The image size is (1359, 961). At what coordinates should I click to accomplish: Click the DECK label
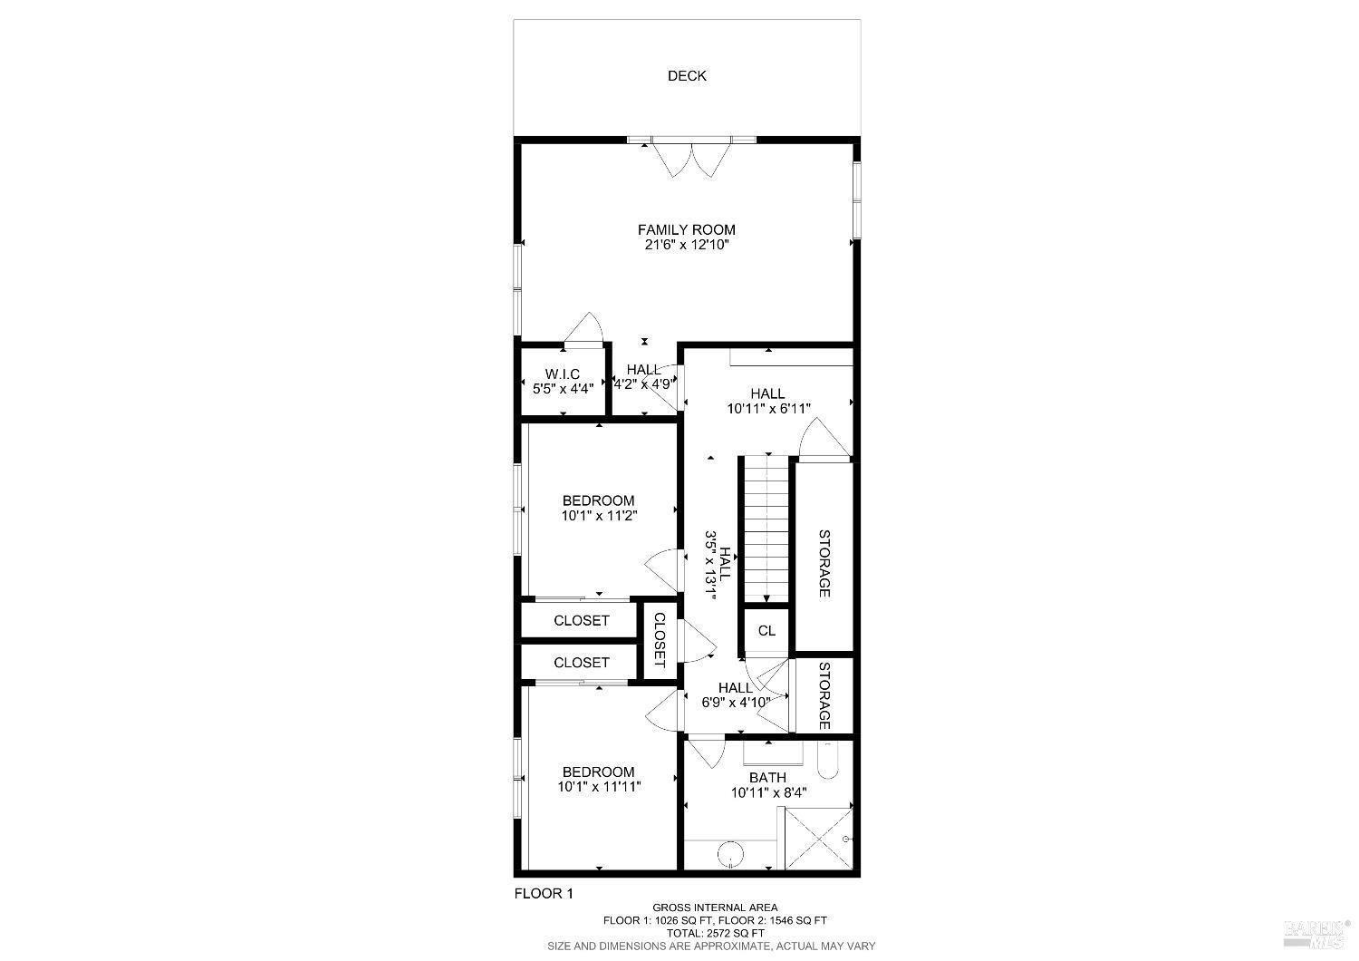[x=687, y=76]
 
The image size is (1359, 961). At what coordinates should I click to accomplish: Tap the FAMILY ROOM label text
[x=686, y=229]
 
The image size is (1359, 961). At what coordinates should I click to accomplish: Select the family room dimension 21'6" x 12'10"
[x=686, y=245]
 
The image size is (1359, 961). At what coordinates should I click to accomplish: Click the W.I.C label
[x=562, y=374]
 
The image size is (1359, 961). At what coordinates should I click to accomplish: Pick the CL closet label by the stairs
[x=766, y=631]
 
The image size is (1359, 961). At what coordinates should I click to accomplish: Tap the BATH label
[x=767, y=777]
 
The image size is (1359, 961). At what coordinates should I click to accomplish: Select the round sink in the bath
[x=729, y=854]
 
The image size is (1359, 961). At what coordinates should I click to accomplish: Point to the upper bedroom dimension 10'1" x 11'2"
[x=599, y=516]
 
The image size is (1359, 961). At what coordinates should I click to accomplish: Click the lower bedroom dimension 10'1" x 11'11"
[x=599, y=787]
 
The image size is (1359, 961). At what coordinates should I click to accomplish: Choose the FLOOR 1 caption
[x=544, y=893]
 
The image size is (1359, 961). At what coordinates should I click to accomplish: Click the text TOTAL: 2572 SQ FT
[x=715, y=933]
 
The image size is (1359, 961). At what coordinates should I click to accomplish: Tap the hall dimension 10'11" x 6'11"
[x=767, y=409]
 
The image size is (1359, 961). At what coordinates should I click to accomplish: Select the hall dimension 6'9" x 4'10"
[x=736, y=702]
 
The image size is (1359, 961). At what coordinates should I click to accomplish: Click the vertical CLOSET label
[x=659, y=640]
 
